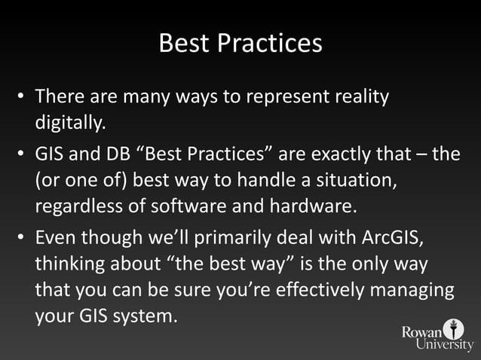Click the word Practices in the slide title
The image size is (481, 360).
click(270, 44)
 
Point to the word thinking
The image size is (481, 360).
click(66, 267)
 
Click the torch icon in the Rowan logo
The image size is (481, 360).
click(454, 329)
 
